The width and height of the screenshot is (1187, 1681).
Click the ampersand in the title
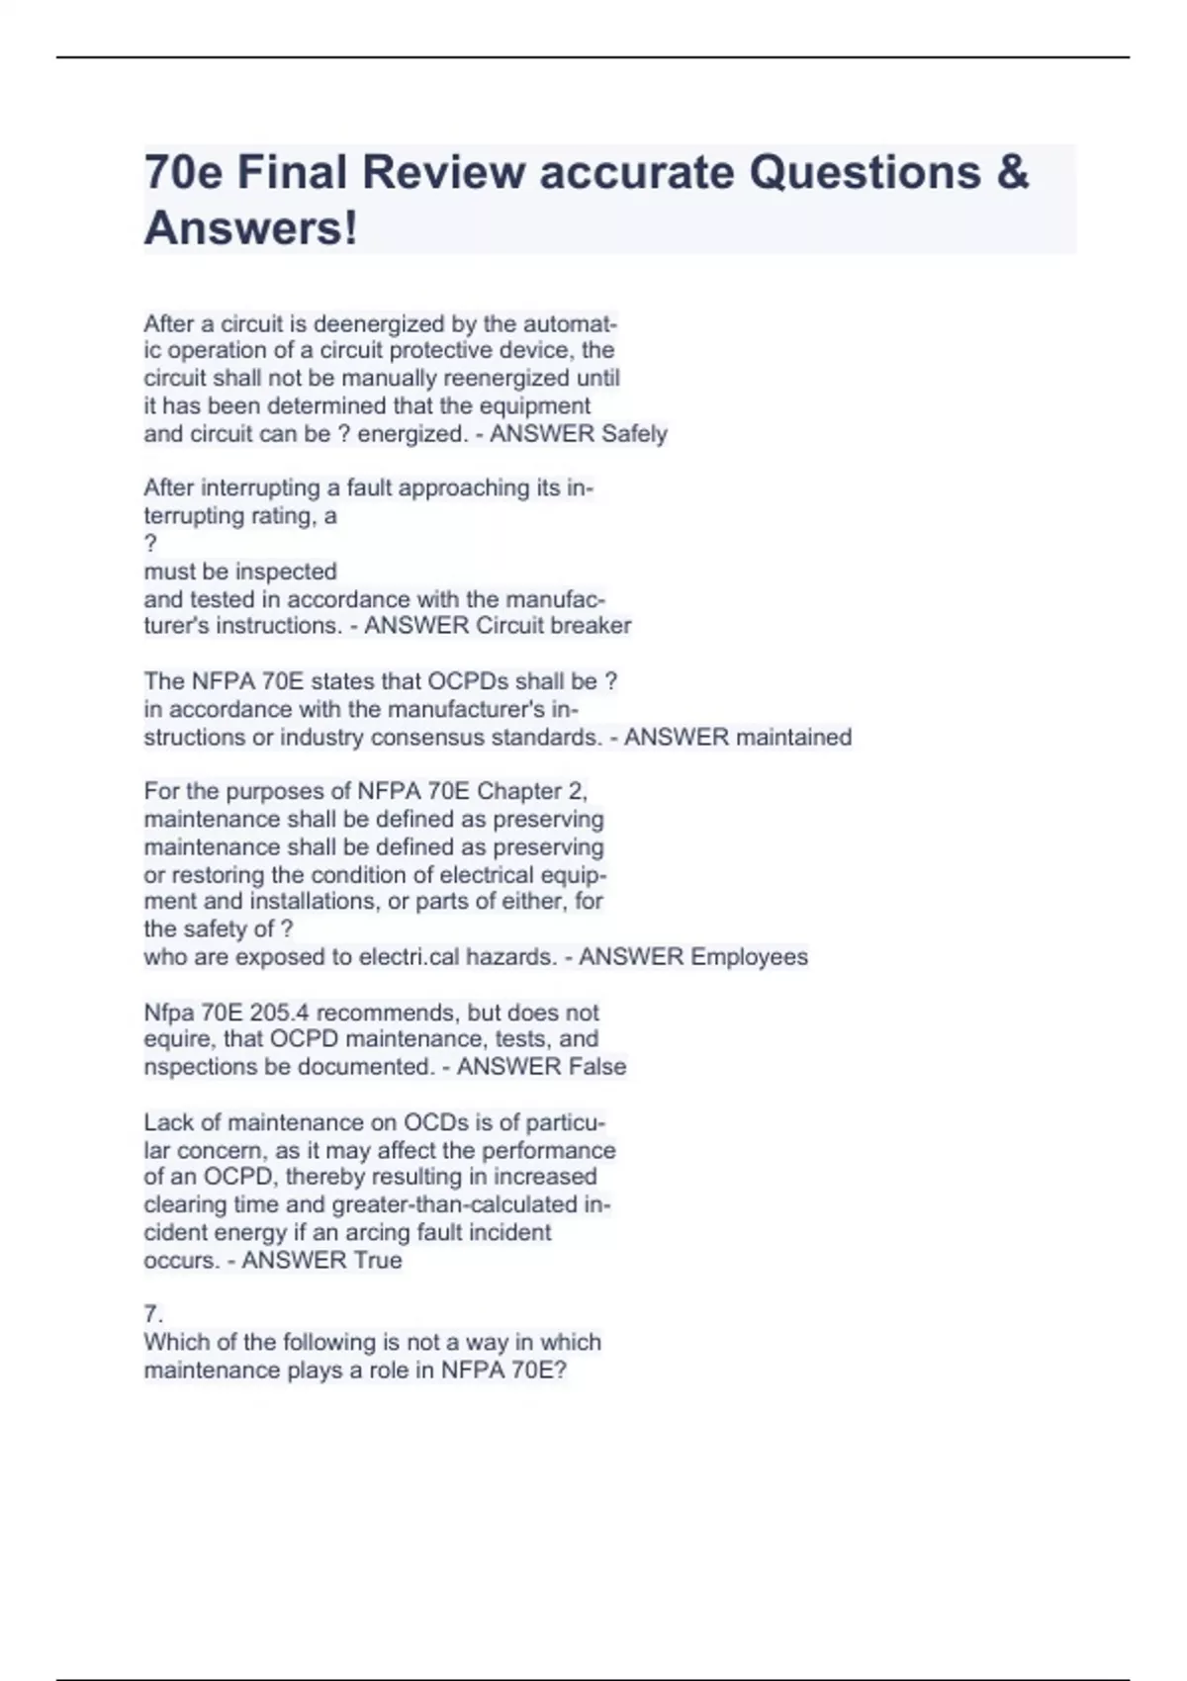tap(1012, 172)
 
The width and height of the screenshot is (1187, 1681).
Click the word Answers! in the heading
tap(251, 228)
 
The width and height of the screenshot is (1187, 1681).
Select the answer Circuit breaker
tap(553, 626)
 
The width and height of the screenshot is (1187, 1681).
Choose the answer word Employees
tap(749, 957)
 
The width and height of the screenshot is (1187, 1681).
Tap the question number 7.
tap(152, 1314)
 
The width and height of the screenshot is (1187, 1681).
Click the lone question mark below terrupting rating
tap(150, 544)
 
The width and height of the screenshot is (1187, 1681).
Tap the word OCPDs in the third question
tap(468, 682)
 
